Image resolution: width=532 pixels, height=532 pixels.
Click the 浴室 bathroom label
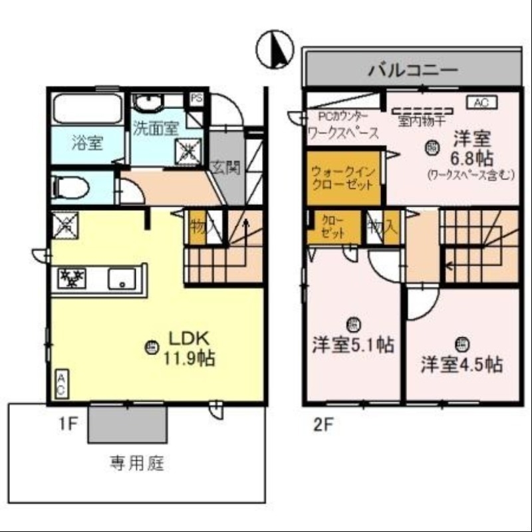click(87, 142)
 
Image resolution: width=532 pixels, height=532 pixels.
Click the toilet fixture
click(70, 188)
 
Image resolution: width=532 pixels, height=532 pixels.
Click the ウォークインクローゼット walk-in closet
click(343, 178)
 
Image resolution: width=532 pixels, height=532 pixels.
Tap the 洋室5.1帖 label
click(353, 345)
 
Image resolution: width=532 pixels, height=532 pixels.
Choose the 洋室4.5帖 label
click(462, 364)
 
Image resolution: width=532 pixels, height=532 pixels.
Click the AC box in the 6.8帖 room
click(482, 102)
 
